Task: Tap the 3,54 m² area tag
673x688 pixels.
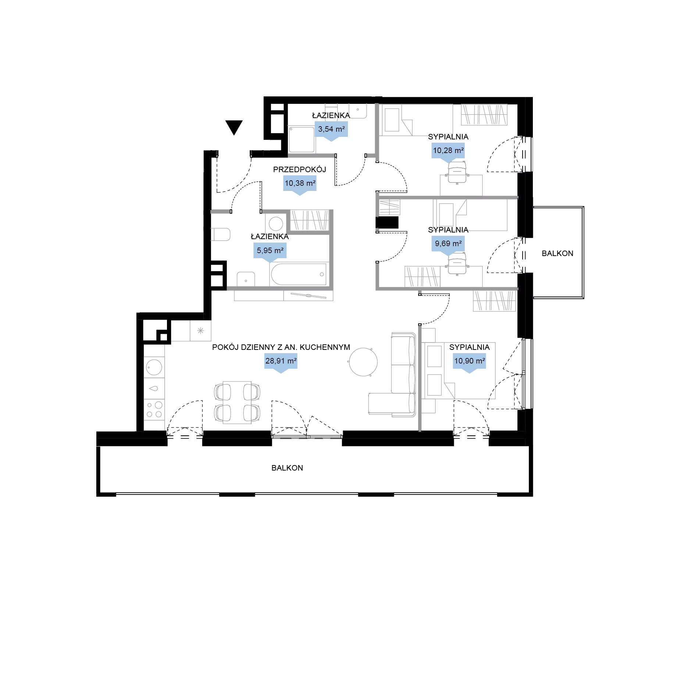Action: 331,131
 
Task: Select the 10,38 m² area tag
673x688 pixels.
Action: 300,185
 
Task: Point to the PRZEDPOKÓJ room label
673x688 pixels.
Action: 299,170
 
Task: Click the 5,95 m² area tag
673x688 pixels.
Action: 270,252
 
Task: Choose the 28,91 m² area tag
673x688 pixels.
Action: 281,363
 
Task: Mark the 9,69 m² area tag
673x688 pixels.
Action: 448,245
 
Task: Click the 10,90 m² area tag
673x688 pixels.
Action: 469,363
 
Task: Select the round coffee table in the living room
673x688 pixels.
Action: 363,362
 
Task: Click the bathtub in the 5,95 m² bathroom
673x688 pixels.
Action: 299,274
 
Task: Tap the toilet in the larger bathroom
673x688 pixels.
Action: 220,234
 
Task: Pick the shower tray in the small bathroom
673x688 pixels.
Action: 302,139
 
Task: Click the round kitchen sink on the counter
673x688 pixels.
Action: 154,367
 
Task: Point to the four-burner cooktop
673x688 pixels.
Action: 154,409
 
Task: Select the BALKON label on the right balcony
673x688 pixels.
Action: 557,253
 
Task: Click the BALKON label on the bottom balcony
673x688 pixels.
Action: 287,468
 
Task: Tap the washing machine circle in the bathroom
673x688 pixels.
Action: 275,223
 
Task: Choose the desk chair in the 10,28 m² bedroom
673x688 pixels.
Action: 457,172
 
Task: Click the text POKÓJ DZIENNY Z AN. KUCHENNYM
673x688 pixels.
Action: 281,347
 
